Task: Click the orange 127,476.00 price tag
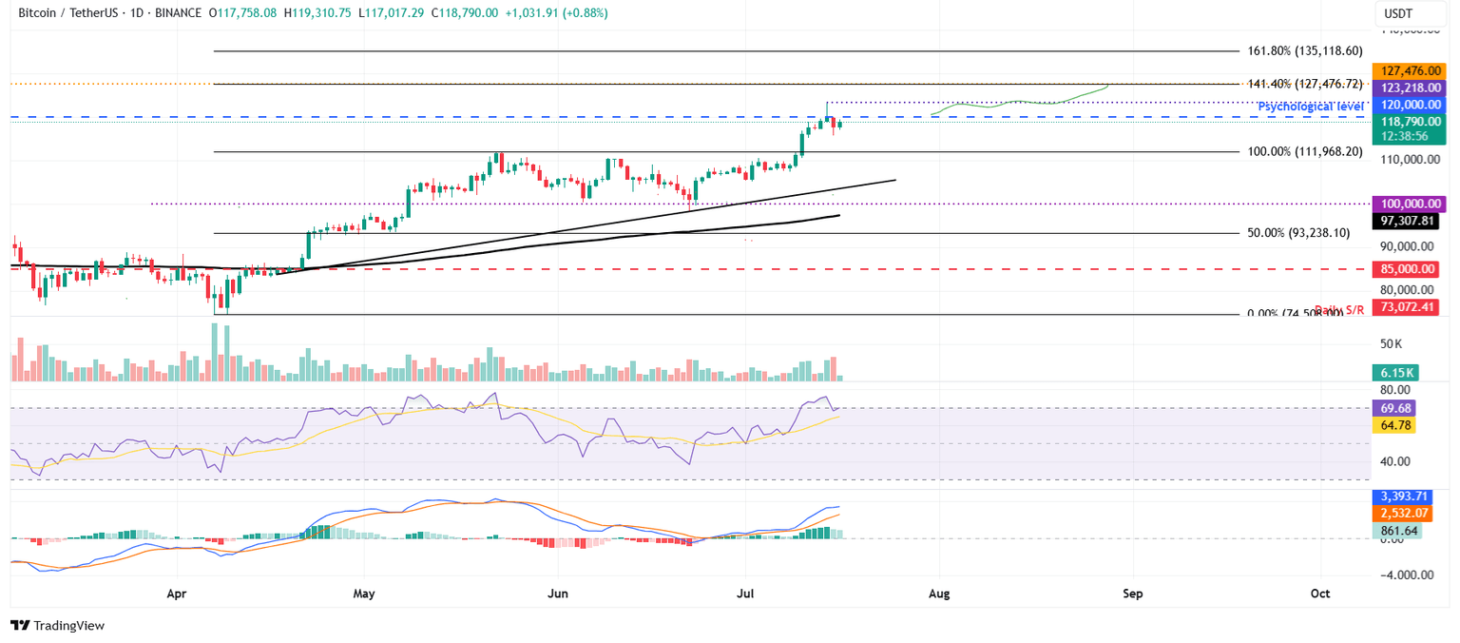coord(1411,69)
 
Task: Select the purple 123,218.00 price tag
coord(1411,87)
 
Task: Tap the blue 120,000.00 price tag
coord(1411,104)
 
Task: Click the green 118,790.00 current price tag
coord(1411,122)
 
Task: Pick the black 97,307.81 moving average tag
coord(1411,221)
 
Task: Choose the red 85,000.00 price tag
coord(1411,269)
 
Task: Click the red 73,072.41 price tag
coord(1411,307)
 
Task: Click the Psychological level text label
coord(1309,107)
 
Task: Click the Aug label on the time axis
coord(939,594)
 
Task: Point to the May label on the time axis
coord(364,594)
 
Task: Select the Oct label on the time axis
coord(1320,594)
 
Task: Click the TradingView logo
coord(58,625)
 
